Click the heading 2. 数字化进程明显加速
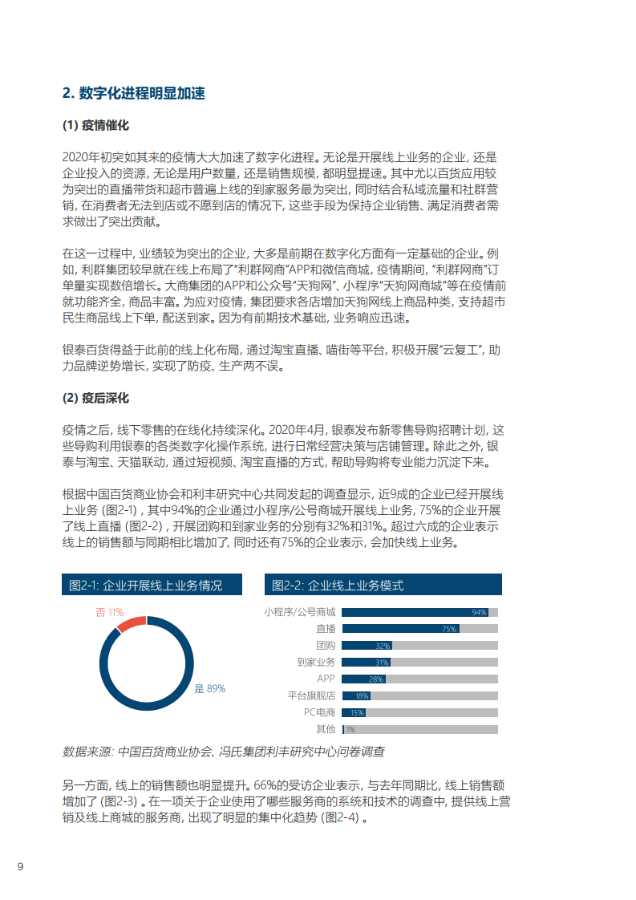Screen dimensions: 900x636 133,94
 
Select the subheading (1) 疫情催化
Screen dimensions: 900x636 95,126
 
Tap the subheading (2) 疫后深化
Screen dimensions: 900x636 95,398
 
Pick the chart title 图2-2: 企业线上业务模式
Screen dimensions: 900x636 337,585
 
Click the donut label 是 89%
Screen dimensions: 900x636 210,688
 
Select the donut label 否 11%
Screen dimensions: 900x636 109,612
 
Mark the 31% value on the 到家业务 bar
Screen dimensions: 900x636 382,663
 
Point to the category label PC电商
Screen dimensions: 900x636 319,711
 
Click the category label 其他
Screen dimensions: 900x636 326,728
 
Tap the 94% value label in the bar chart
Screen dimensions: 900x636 479,613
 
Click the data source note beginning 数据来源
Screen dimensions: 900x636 223,752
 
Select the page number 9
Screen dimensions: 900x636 21,866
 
